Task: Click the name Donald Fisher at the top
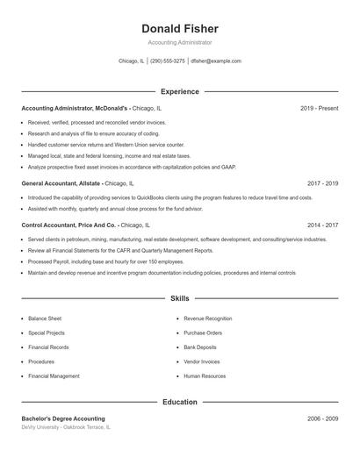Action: [179, 29]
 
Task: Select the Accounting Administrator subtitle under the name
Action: [179, 42]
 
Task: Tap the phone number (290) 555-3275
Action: [167, 61]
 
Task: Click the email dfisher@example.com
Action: [215, 61]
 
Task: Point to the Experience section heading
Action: [179, 91]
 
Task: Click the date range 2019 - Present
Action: [319, 108]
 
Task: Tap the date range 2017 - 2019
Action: [322, 184]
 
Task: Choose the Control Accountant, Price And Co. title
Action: [68, 225]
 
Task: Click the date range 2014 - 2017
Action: [322, 225]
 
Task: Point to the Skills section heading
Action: [179, 299]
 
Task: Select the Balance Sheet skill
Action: [44, 319]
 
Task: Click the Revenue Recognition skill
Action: [207, 319]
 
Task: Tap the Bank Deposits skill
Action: [200, 347]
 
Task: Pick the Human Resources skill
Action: [205, 376]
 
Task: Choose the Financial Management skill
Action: [54, 376]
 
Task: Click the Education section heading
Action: [179, 402]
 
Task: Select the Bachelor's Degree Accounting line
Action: [63, 418]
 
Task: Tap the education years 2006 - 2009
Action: [322, 418]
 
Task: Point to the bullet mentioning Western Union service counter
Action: [105, 144]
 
